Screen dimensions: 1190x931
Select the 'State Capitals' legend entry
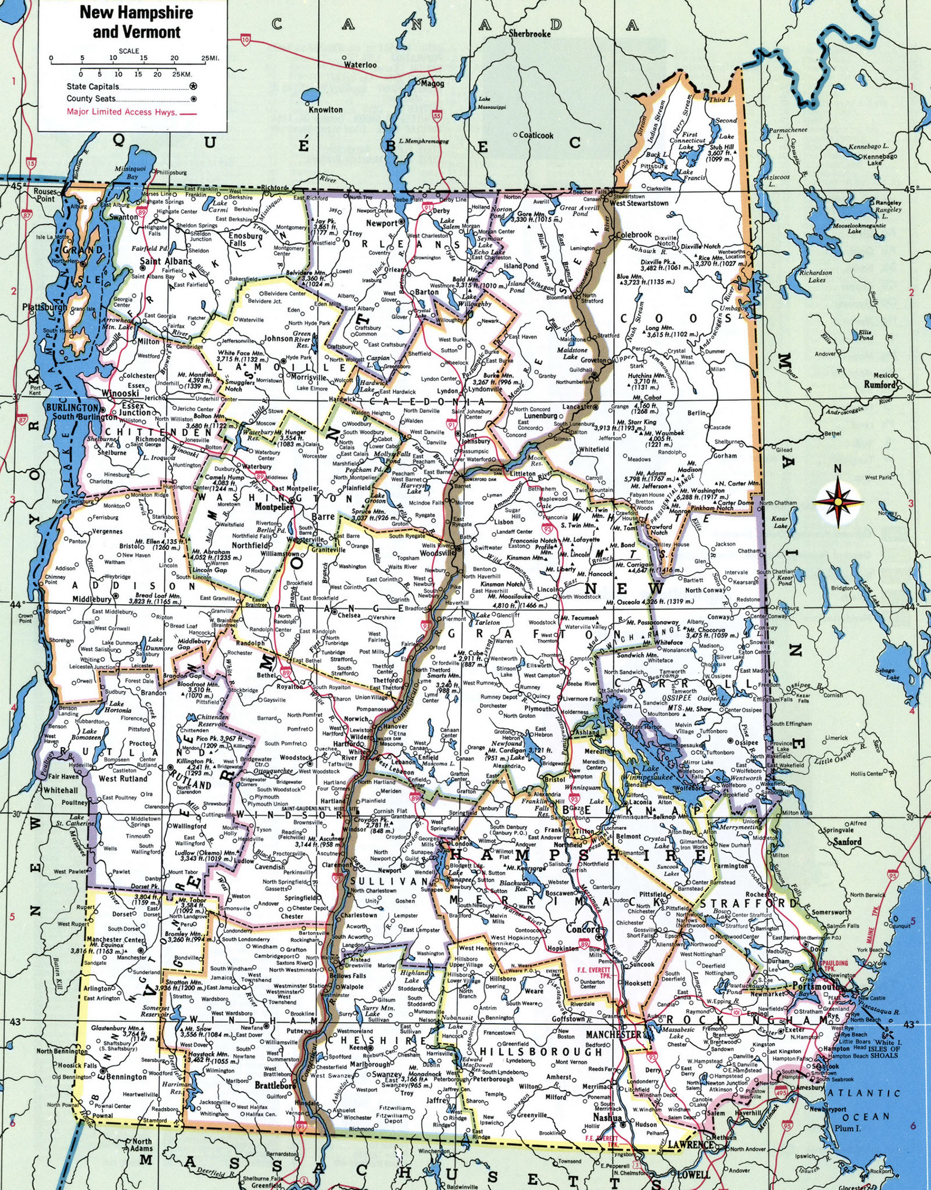click(93, 87)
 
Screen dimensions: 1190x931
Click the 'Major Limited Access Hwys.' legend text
click(121, 112)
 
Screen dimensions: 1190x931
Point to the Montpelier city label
click(274, 507)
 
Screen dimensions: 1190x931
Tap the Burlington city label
click(72, 407)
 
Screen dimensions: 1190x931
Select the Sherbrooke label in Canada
click(529, 34)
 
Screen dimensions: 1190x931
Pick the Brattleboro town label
click(275, 1085)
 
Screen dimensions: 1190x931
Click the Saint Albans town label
click(166, 261)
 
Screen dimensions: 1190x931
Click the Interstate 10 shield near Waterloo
click(245, 40)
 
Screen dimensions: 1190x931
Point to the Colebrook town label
click(634, 235)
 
